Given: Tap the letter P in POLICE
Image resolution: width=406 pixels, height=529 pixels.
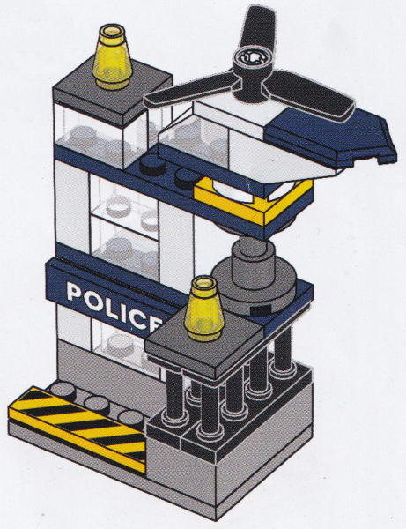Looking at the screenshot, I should [75, 290].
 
